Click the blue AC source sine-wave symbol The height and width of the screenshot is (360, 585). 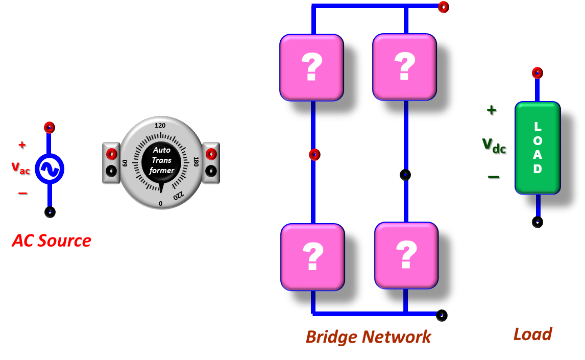[x=50, y=169]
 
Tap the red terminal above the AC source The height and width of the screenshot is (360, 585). [x=49, y=127]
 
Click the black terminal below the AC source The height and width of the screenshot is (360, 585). [x=50, y=211]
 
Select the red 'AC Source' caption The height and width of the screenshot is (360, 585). [x=52, y=241]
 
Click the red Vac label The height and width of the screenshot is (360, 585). [x=20, y=167]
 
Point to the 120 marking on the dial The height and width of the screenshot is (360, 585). [x=160, y=126]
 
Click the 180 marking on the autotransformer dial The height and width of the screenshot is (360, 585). [x=196, y=162]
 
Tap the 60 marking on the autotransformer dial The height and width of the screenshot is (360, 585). [x=125, y=163]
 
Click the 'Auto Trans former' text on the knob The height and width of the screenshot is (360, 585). [x=161, y=160]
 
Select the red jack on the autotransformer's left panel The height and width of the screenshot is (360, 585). [x=111, y=154]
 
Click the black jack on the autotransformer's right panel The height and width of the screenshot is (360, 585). [x=211, y=171]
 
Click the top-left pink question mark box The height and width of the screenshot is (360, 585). [x=311, y=67]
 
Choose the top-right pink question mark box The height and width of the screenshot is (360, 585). [x=404, y=67]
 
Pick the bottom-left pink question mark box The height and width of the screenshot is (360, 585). [x=312, y=257]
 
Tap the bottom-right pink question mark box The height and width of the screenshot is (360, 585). [x=406, y=255]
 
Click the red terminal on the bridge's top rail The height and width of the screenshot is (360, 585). [x=443, y=7]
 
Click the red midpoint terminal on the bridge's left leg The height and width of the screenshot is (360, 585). [x=314, y=154]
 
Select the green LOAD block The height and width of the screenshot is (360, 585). [x=538, y=148]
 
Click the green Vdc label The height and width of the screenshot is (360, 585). [x=494, y=145]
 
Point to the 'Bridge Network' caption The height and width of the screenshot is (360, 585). [x=368, y=337]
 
